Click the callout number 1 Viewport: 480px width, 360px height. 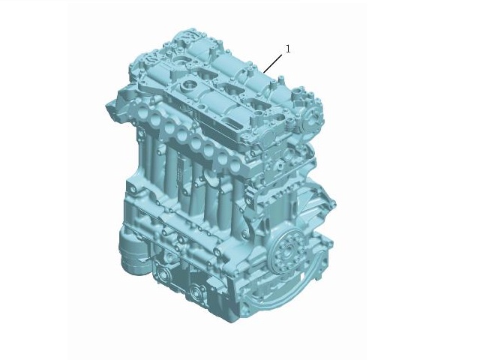[288, 49]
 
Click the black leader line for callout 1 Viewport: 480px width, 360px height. [273, 63]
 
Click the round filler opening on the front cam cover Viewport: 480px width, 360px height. [187, 84]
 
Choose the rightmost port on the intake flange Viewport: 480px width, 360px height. [235, 166]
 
